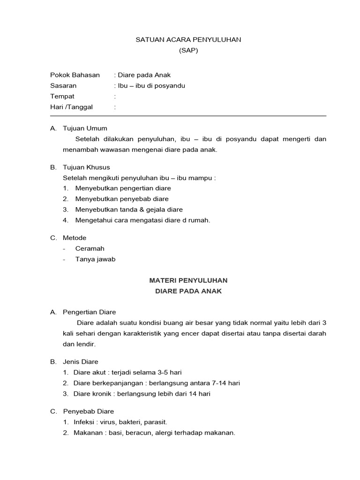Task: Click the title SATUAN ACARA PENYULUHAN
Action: [188, 40]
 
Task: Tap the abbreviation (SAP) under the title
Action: [188, 51]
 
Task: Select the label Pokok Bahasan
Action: [75, 75]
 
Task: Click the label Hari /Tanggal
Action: [72, 107]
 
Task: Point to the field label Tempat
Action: [62, 96]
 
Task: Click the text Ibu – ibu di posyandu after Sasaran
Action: [151, 86]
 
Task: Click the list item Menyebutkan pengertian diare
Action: [123, 188]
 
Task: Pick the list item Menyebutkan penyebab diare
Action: [122, 199]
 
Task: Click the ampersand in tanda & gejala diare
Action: [145, 210]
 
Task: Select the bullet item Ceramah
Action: [90, 248]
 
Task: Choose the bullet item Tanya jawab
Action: [95, 259]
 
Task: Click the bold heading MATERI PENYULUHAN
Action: [188, 280]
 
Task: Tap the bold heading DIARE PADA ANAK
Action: [188, 291]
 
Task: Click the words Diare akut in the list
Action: [89, 373]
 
